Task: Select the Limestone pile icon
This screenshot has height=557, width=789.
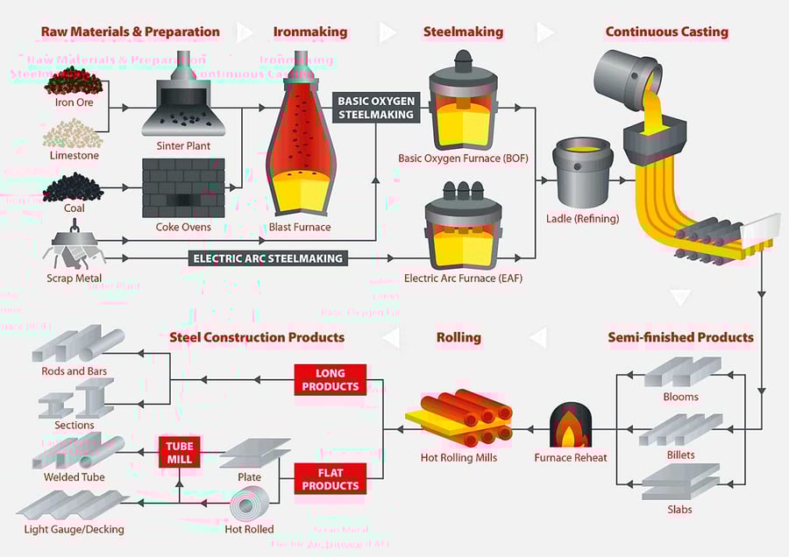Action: [73, 133]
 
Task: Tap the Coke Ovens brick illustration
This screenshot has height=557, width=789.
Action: [183, 188]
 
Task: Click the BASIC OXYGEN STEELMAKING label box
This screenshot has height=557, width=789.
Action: [376, 108]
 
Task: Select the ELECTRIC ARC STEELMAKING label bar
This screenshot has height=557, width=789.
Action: [268, 258]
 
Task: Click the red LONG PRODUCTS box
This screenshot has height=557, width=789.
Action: [330, 380]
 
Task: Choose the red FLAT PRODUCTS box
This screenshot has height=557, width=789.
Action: [330, 479]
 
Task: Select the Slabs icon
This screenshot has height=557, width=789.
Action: [681, 483]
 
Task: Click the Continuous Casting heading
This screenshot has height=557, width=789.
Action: [666, 32]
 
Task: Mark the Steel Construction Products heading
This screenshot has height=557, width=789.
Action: [256, 337]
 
